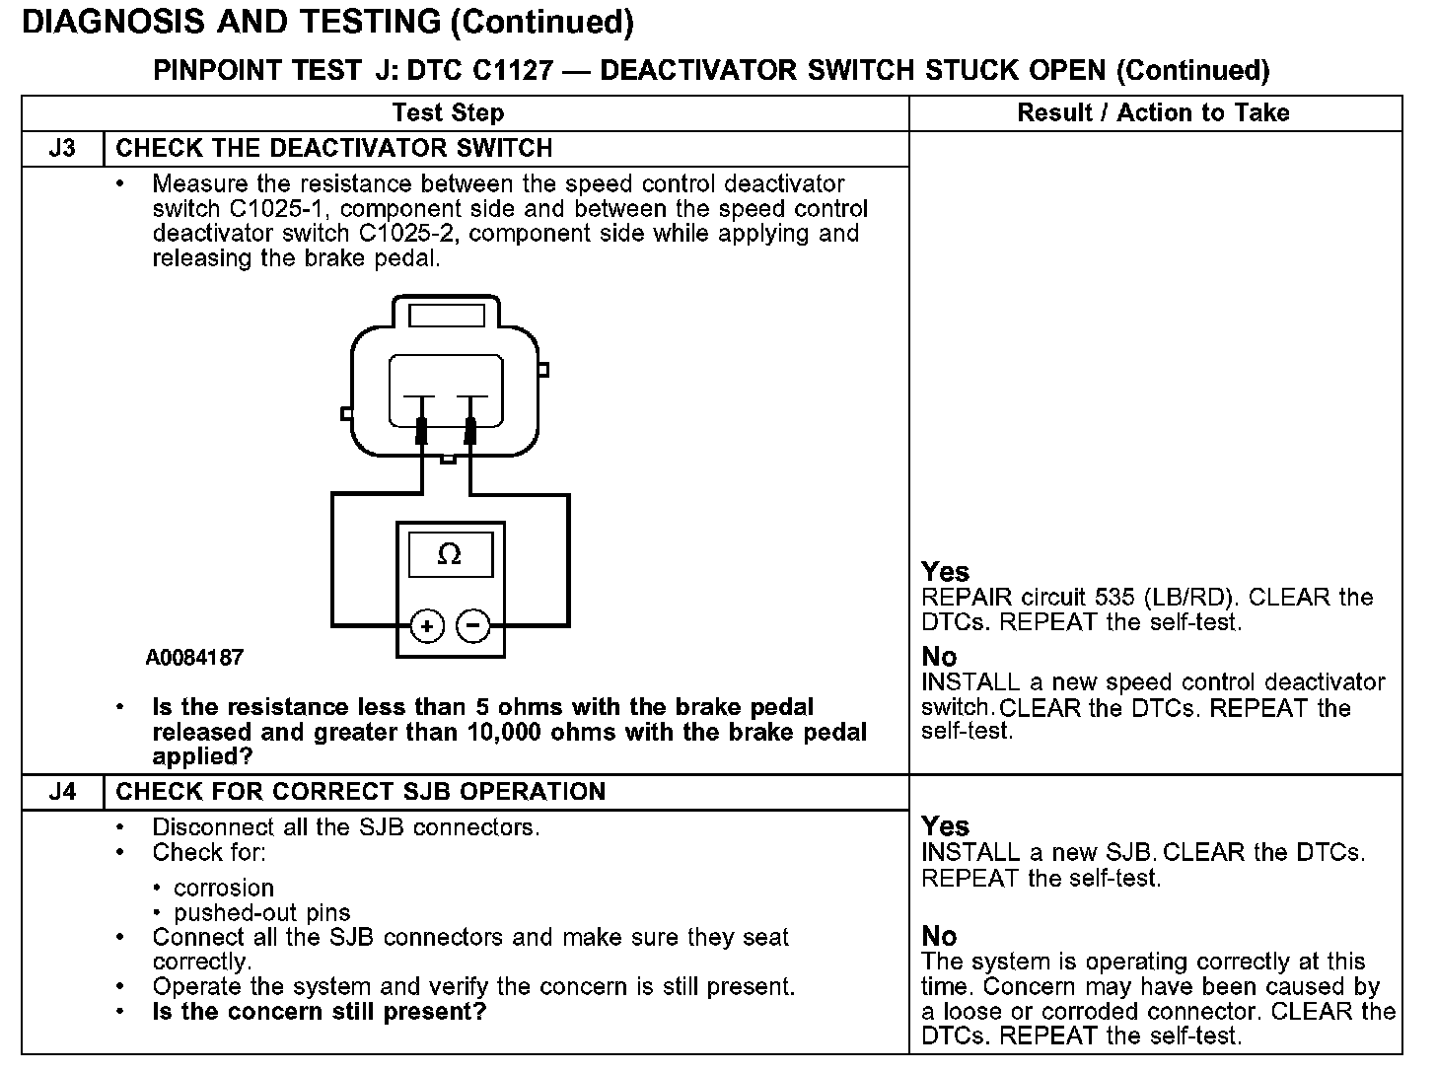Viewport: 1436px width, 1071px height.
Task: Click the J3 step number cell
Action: [x=62, y=149]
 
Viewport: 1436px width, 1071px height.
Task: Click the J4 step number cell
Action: [x=62, y=792]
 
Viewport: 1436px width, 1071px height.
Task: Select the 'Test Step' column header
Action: [x=448, y=113]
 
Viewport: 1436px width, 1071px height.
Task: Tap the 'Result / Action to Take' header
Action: [x=1153, y=113]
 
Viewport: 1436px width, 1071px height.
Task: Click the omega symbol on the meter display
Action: [x=449, y=555]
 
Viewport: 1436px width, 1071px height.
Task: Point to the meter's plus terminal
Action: [x=427, y=626]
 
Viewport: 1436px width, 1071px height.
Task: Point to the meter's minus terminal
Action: [x=474, y=626]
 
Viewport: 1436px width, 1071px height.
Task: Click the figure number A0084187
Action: [x=194, y=658]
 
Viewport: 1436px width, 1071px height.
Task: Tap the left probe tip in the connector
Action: [x=422, y=430]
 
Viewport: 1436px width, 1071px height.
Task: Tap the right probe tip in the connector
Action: [x=470, y=430]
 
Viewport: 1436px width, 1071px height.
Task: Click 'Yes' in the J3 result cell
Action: [x=945, y=572]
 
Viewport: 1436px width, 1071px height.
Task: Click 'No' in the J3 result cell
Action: [x=939, y=657]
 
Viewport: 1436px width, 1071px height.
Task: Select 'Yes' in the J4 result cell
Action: [x=945, y=826]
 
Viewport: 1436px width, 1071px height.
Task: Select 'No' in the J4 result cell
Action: [x=939, y=936]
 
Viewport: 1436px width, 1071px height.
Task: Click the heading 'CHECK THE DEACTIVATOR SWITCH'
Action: [x=334, y=149]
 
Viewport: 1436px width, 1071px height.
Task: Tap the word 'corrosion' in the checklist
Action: [x=224, y=888]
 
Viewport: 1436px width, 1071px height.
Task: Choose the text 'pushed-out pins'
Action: [x=262, y=913]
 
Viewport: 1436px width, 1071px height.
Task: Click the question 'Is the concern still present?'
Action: [x=320, y=1012]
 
